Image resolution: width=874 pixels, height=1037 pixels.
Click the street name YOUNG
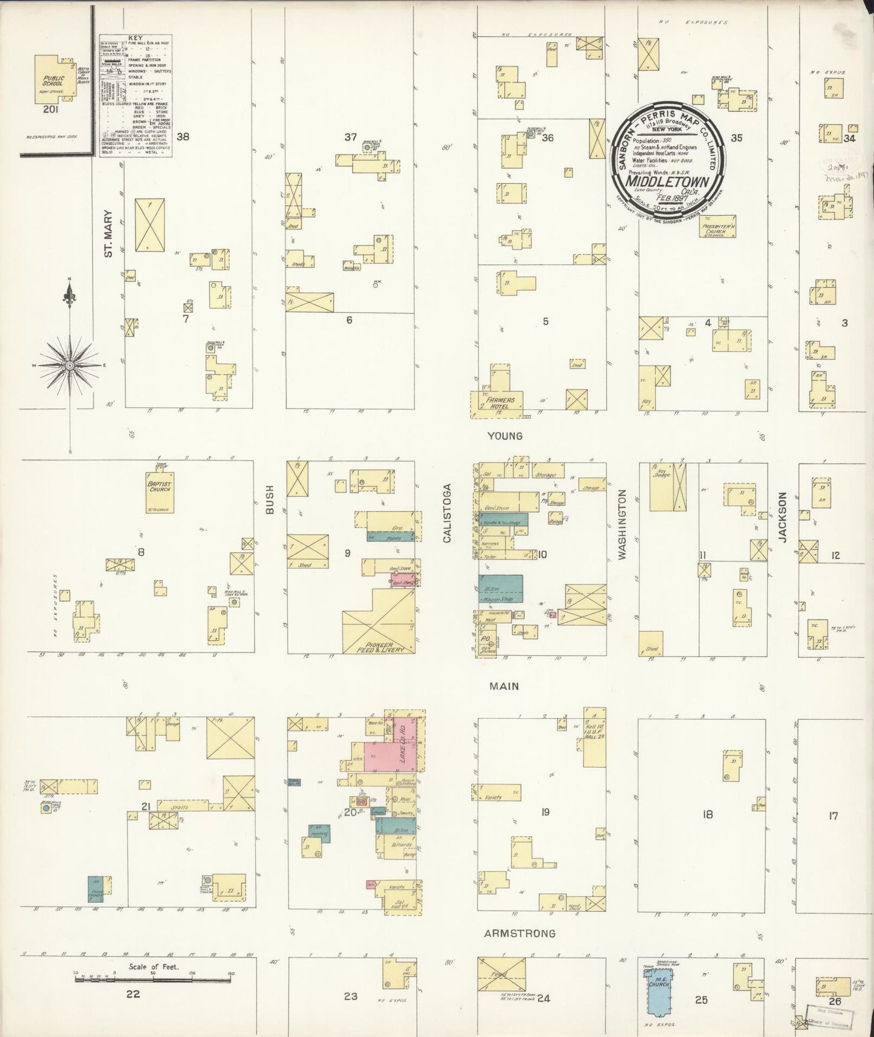point(505,436)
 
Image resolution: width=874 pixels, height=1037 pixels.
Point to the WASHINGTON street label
point(623,525)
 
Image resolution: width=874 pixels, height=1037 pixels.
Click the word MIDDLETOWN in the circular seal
point(668,181)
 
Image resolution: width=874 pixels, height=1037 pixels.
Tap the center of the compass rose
point(70,366)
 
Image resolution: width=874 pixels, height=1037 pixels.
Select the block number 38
point(183,137)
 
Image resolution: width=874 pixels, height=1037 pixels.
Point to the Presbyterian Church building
point(716,227)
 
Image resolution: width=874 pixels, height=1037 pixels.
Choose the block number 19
point(545,812)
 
